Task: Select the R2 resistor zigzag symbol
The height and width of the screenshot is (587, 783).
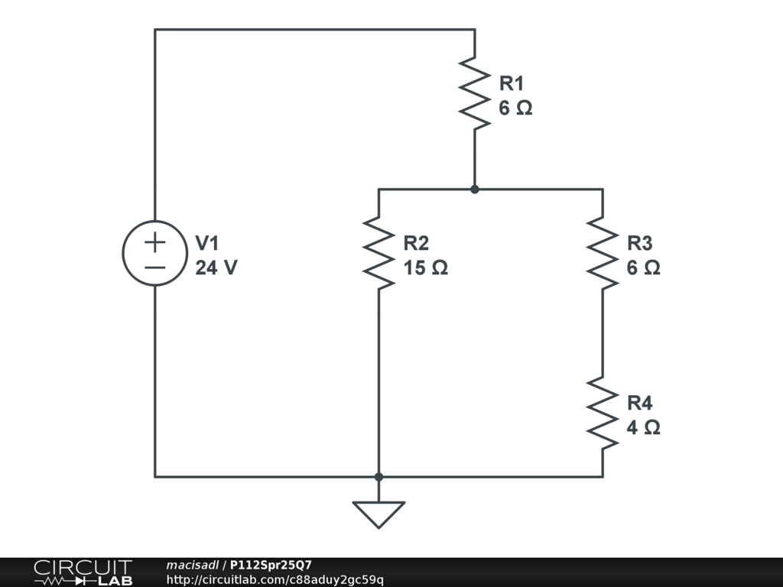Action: [379, 252]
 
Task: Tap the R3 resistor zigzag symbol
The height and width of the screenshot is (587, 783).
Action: [603, 252]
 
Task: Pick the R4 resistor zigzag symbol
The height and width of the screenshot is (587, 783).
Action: [603, 413]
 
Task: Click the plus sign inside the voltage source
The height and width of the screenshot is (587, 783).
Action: [155, 243]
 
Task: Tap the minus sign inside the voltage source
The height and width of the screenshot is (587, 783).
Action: [155, 268]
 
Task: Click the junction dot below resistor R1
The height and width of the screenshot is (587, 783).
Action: [475, 189]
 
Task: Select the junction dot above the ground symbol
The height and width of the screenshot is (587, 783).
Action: [379, 477]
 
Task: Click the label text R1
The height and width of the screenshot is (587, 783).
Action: [512, 83]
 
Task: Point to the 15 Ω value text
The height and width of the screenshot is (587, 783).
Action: [425, 268]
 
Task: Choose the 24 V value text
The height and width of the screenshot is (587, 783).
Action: [216, 268]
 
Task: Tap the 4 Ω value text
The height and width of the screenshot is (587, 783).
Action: [643, 428]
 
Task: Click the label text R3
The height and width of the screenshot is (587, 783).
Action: [639, 243]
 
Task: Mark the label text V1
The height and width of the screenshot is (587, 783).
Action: [207, 243]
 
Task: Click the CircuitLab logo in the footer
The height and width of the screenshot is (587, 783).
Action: [83, 572]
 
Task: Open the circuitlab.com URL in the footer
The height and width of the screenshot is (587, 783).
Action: [275, 580]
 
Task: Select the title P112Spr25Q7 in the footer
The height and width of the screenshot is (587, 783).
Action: [271, 565]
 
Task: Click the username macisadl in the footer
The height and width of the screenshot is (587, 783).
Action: [192, 565]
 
